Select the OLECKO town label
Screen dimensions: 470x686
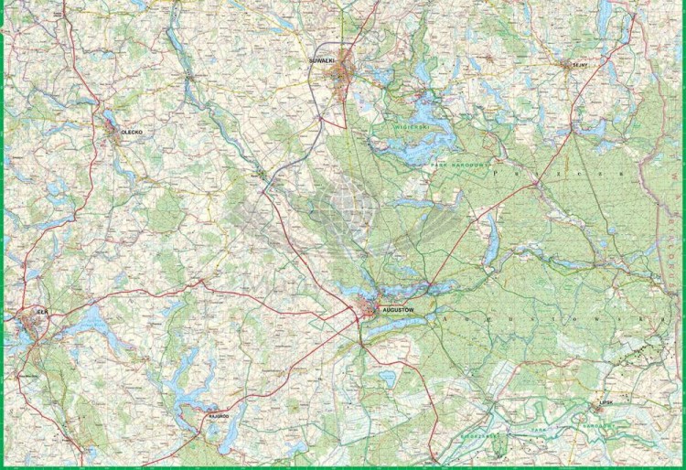pyautogui.click(x=134, y=132)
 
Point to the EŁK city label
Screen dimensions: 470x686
pyautogui.click(x=40, y=313)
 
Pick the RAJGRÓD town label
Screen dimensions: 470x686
pyautogui.click(x=217, y=413)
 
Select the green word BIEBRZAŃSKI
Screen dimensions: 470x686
pyautogui.click(x=476, y=437)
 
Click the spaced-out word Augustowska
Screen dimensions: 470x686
pyautogui.click(x=549, y=318)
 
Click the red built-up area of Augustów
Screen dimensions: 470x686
pyautogui.click(x=370, y=311)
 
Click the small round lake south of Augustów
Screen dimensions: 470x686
pyautogui.click(x=386, y=373)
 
